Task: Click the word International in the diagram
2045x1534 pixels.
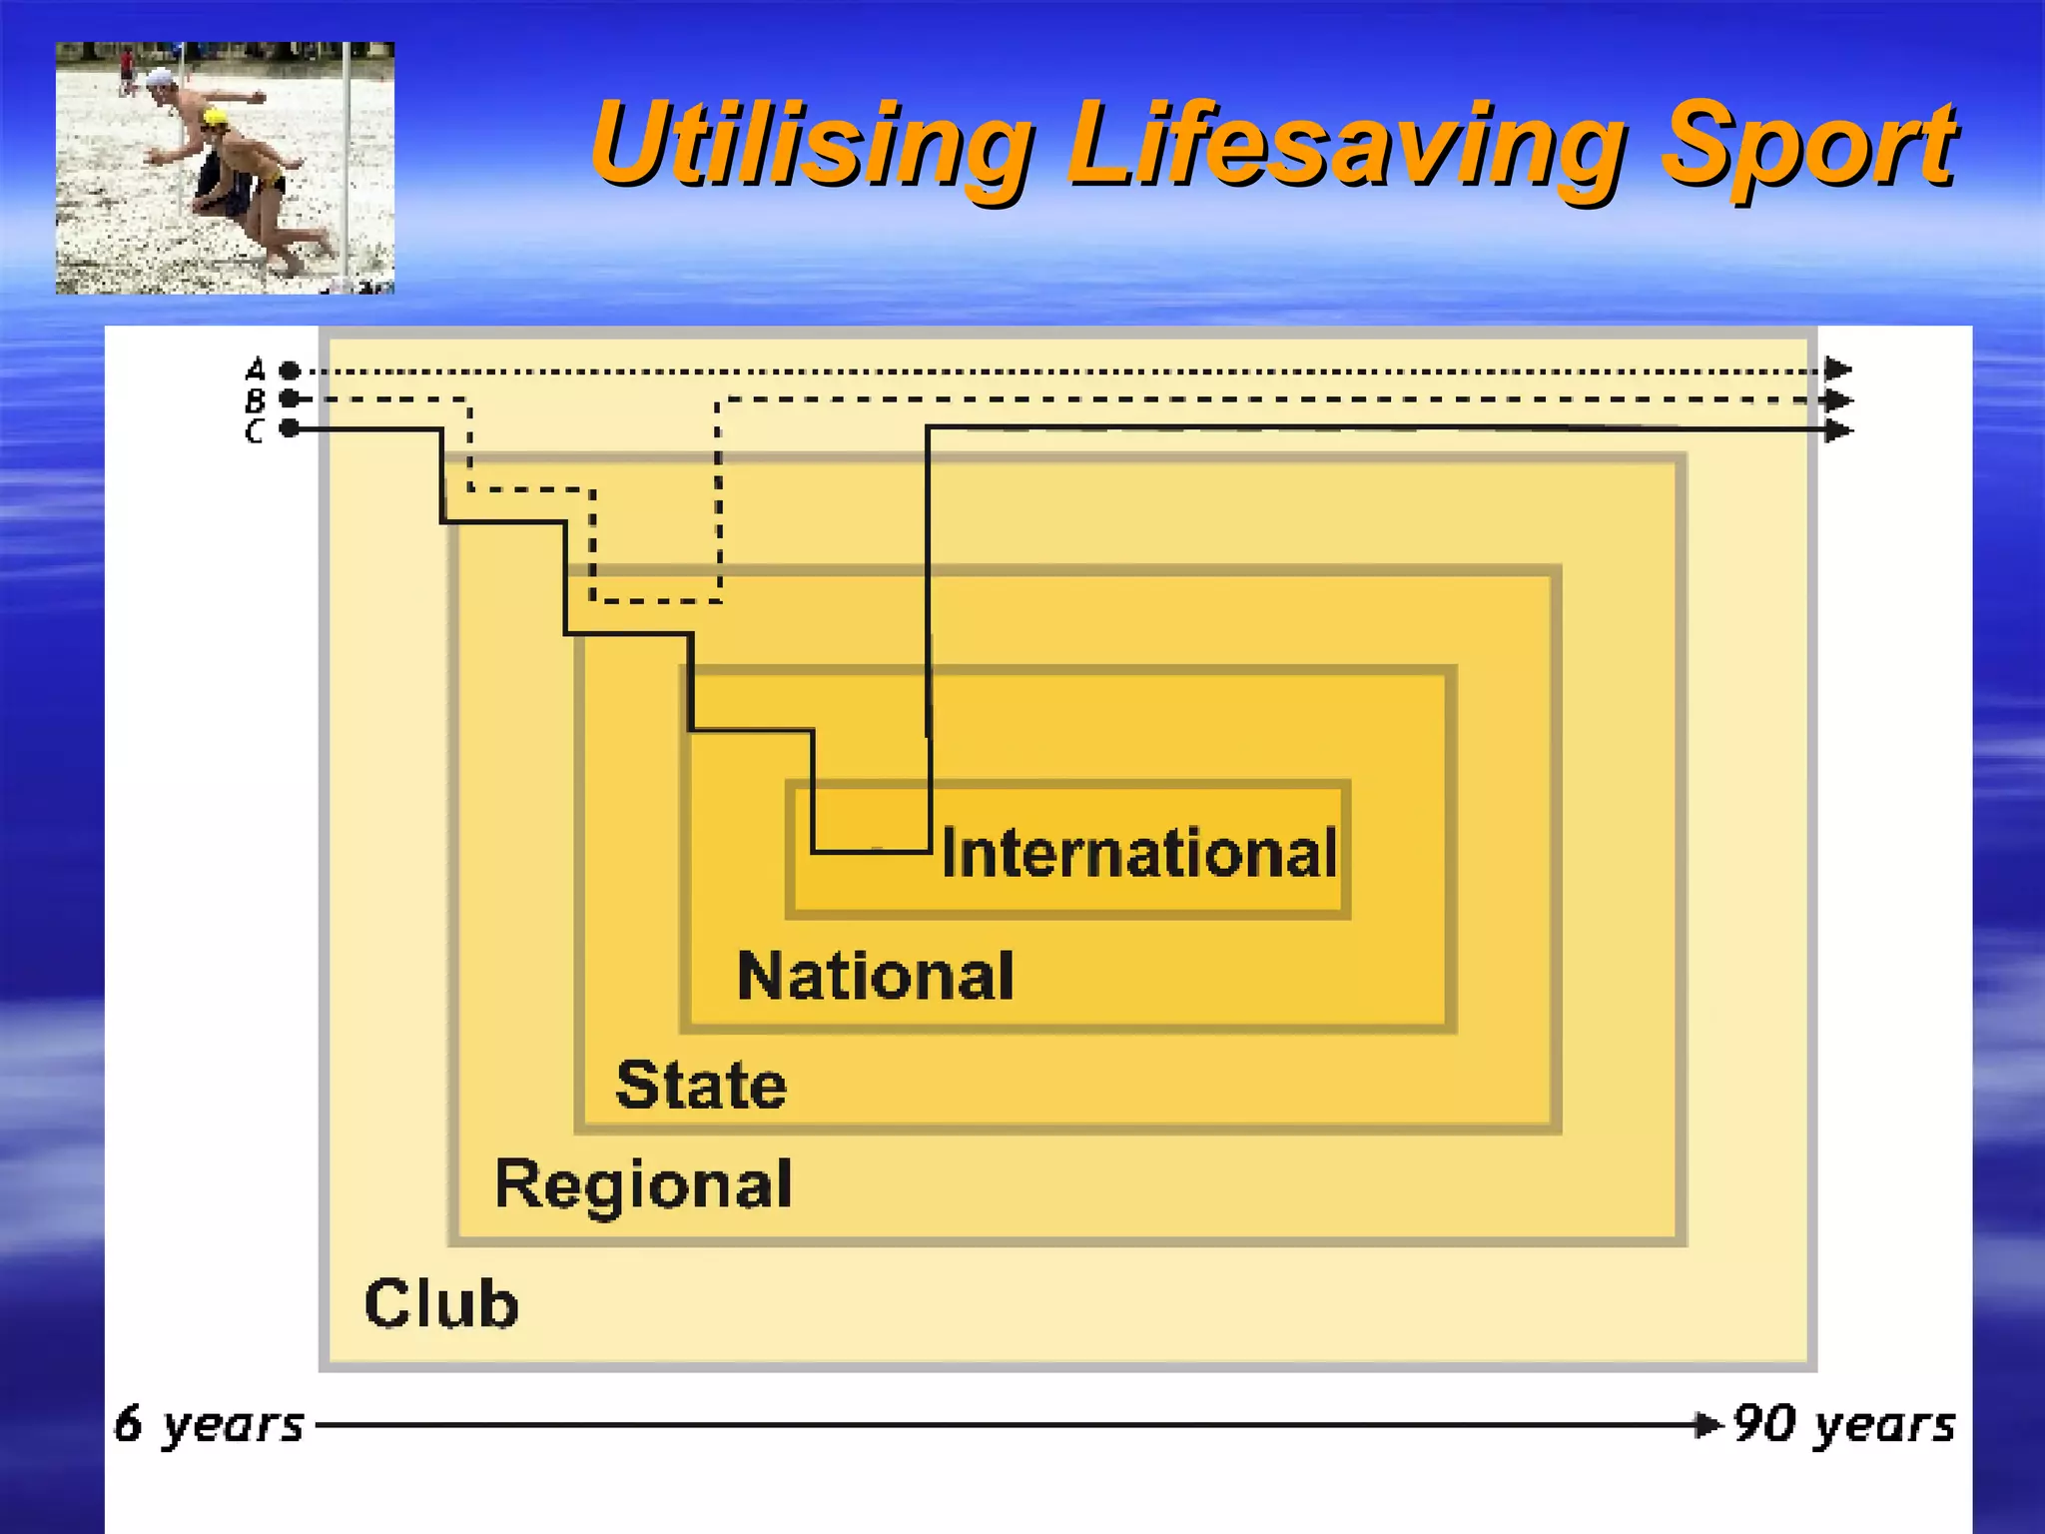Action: [x=1138, y=854]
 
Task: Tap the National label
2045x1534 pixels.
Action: [x=875, y=976]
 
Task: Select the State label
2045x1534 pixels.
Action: [x=701, y=1085]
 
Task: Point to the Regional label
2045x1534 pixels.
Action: [x=643, y=1185]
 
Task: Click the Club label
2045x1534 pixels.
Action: [x=441, y=1303]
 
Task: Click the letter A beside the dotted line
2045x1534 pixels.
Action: [x=256, y=370]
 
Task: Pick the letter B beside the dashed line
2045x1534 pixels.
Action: [x=256, y=400]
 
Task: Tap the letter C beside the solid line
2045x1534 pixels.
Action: [x=256, y=431]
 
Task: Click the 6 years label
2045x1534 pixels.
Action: [x=208, y=1424]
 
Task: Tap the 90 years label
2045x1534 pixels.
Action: [x=1843, y=1424]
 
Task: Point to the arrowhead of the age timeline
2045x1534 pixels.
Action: [x=1709, y=1424]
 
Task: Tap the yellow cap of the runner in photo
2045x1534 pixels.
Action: [x=214, y=119]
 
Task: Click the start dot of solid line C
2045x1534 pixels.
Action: [x=290, y=429]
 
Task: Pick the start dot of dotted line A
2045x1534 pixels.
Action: [x=290, y=371]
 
